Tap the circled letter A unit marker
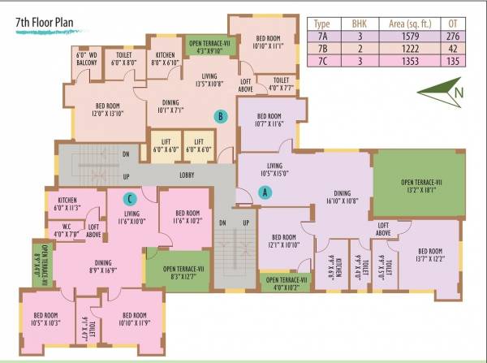[x=264, y=192]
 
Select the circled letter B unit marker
[x=220, y=116]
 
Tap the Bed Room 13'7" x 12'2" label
[x=430, y=255]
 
